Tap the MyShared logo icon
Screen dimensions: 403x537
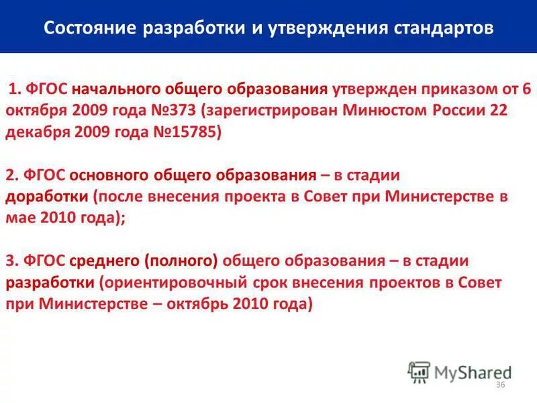[419, 372]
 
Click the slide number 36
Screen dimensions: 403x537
[499, 385]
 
